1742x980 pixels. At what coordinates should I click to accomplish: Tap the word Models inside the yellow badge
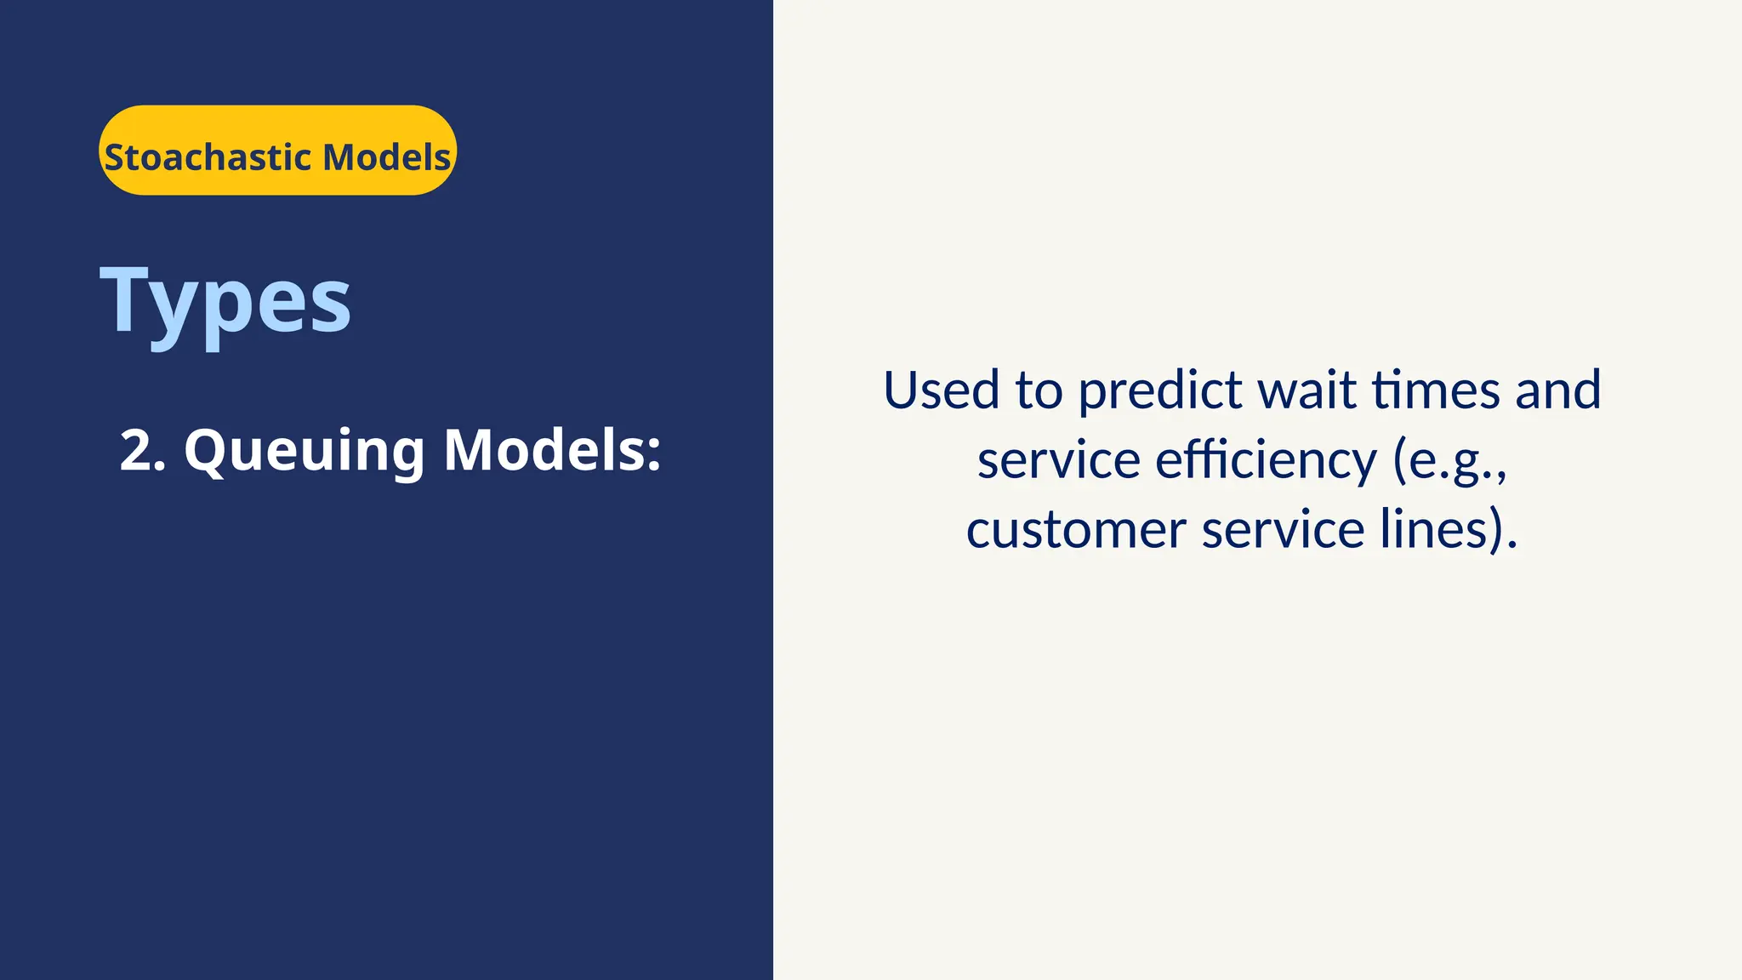pos(386,157)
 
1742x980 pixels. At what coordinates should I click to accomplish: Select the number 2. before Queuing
pos(142,450)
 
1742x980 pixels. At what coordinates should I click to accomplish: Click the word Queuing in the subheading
pos(305,452)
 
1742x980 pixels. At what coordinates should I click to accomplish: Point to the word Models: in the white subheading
pos(551,450)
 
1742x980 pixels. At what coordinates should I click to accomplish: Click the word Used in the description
pos(941,390)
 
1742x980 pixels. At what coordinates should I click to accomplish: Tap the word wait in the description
pos(1306,390)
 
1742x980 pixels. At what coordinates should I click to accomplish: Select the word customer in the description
pos(1076,530)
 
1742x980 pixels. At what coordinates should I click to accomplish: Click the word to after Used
pos(1039,390)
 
